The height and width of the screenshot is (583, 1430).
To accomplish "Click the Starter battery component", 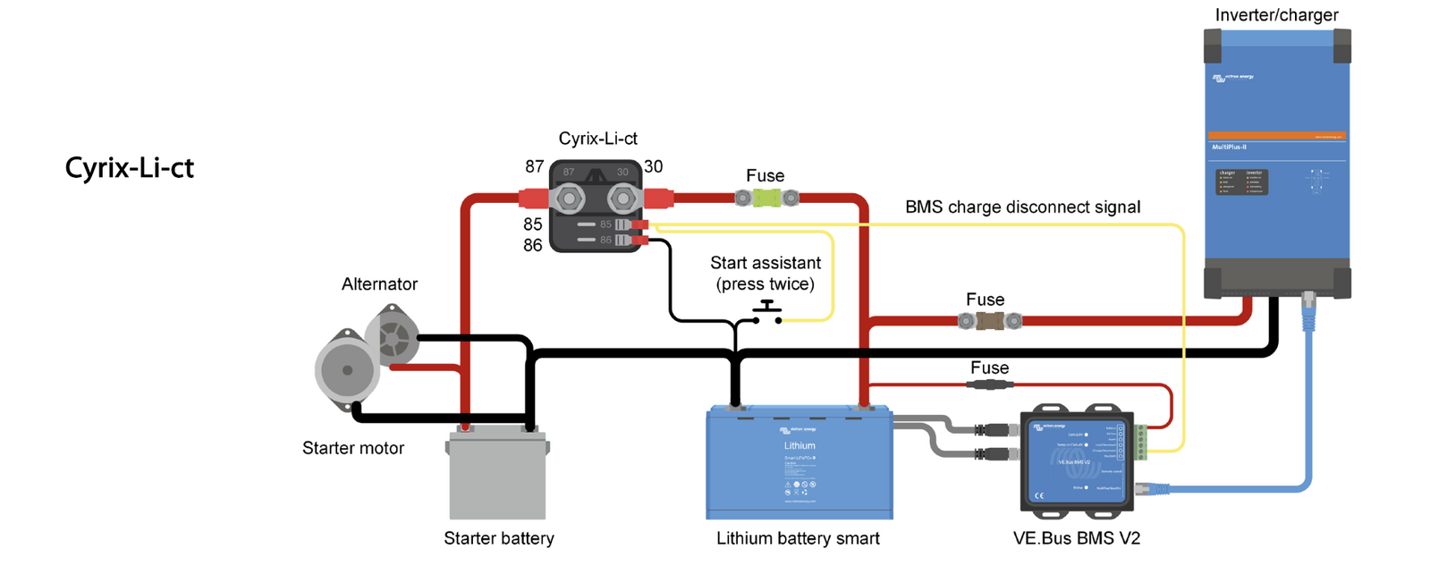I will point(497,475).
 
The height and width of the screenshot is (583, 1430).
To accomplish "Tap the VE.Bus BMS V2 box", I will point(1077,460).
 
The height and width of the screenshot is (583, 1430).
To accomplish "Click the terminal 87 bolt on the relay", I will point(567,198).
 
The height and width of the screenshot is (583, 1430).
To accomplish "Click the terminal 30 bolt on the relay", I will point(622,198).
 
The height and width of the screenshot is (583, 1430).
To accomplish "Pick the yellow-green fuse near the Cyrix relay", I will point(766,198).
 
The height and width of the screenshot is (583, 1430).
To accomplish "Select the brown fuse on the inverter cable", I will point(989,320).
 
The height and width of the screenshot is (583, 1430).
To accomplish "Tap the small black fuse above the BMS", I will point(989,384).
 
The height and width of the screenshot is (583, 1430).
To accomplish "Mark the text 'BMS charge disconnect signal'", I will point(1022,207).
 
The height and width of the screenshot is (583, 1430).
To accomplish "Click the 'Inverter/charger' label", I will point(1276,15).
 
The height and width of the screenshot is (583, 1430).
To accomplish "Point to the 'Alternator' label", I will point(379,284).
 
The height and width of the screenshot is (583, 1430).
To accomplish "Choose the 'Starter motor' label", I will point(353,448).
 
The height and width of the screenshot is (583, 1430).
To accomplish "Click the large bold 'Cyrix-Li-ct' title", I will point(130,168).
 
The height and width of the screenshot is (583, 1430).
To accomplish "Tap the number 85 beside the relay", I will point(533,224).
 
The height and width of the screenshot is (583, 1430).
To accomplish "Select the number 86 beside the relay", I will point(533,245).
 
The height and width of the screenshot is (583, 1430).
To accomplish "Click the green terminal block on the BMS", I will point(1140,443).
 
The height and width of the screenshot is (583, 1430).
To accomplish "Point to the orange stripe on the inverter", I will point(1276,136).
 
